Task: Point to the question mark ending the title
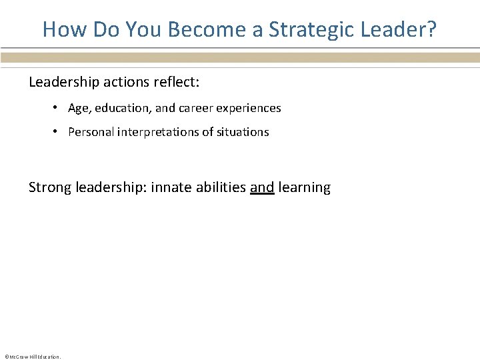(431, 29)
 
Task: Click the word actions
(120, 82)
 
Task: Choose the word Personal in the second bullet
(91, 132)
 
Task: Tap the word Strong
(50, 187)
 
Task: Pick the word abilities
(221, 187)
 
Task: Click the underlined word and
(262, 187)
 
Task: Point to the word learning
(305, 187)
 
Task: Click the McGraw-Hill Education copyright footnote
(33, 357)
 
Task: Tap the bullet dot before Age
(58, 108)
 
